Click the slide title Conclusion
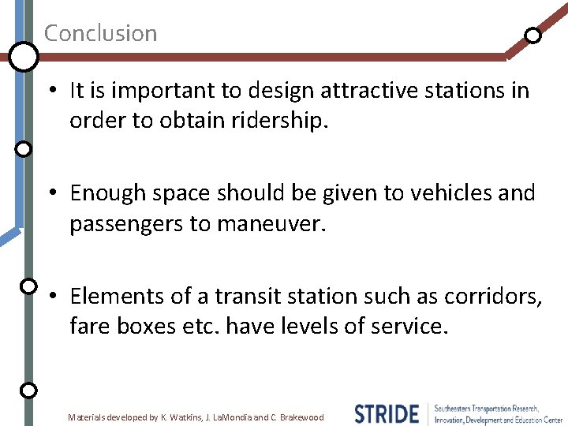coord(100,33)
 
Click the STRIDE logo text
coord(387,413)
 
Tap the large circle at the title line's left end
coord(24,56)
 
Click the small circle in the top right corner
coord(533,35)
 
